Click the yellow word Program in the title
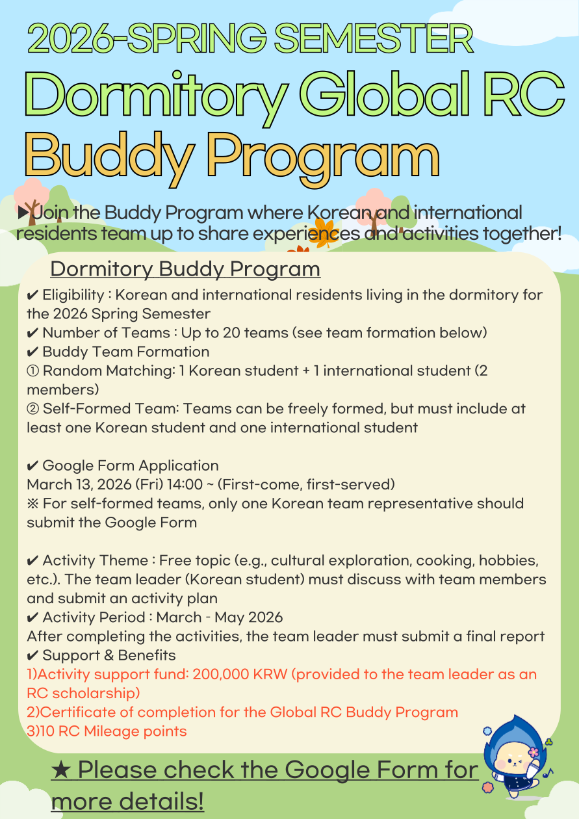click(324, 156)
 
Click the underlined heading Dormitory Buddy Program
click(185, 269)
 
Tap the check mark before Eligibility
click(32, 295)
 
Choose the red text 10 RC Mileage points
click(107, 731)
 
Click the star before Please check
click(62, 770)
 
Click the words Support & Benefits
click(109, 655)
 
